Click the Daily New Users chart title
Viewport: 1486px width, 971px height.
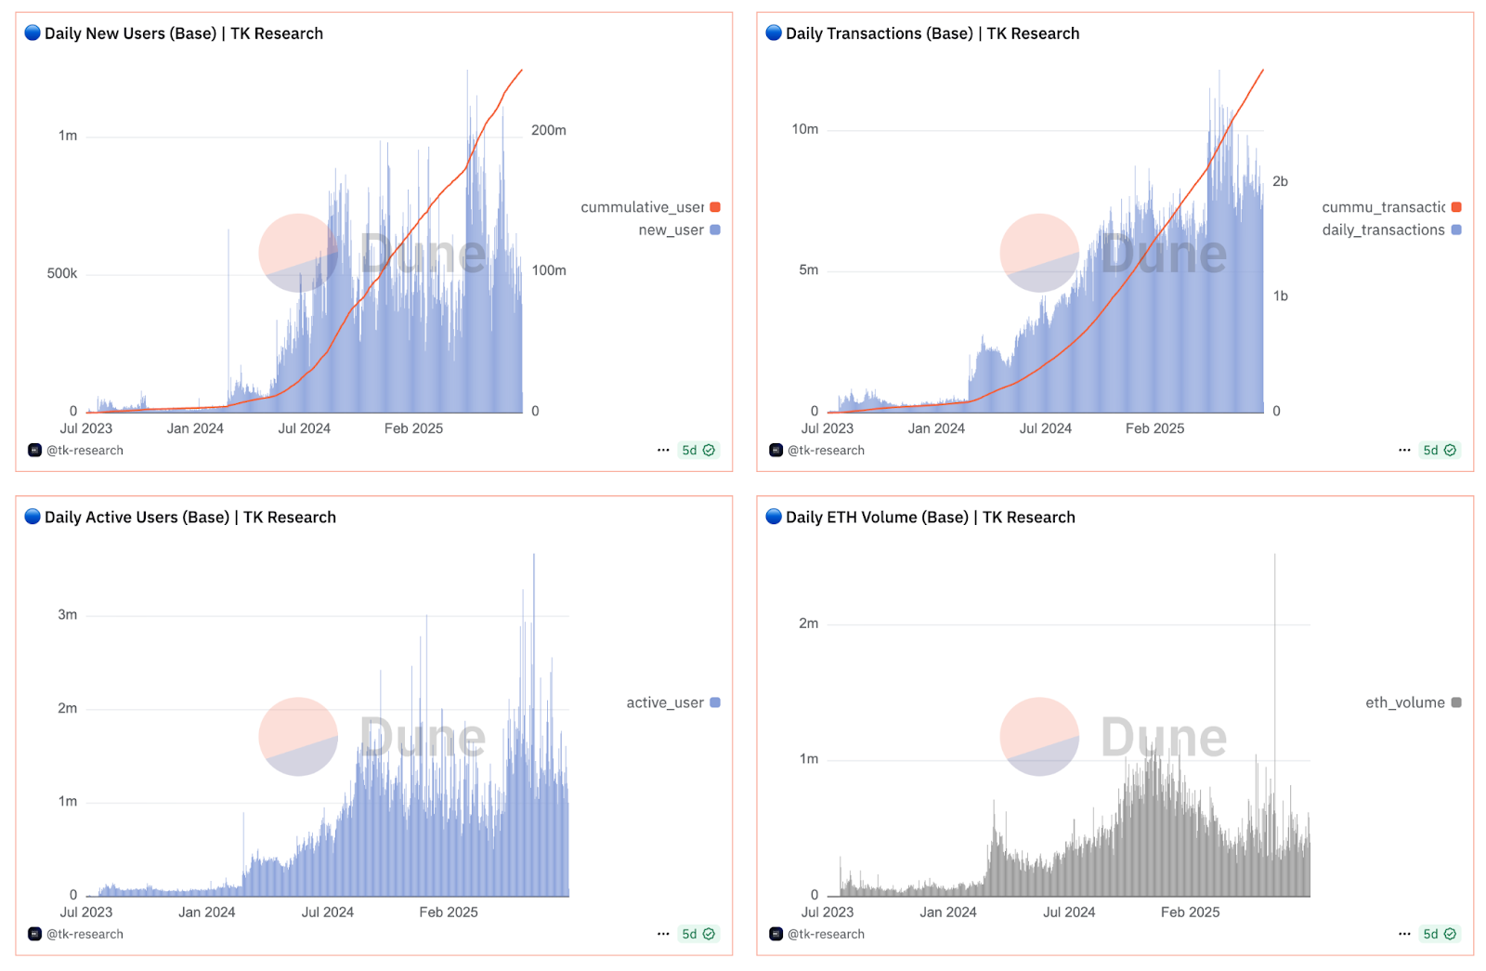pos(183,33)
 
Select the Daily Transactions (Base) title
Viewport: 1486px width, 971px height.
pos(932,33)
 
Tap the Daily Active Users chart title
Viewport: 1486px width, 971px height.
pos(189,518)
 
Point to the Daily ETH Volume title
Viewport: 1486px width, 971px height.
pos(930,518)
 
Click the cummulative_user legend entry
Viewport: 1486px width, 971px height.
pos(643,207)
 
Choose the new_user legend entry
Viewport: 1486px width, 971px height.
pos(671,230)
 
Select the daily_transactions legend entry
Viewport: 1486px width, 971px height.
pos(1383,230)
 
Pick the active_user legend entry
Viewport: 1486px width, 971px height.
pos(665,702)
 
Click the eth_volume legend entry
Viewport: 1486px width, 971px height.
pos(1405,702)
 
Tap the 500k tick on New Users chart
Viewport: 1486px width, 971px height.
pos(62,273)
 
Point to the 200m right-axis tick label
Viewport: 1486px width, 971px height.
pos(548,130)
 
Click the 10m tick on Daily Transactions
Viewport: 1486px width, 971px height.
pos(804,129)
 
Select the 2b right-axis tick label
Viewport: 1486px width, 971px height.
pos(1280,181)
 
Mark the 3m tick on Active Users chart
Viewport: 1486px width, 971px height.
pos(68,614)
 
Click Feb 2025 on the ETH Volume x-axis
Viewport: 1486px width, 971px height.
pos(1190,912)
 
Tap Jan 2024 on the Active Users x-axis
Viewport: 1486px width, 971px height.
pos(206,912)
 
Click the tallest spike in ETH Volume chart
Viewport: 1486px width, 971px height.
pos(1274,558)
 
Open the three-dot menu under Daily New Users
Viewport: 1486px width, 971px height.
pos(663,450)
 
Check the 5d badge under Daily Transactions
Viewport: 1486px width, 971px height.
pos(1439,450)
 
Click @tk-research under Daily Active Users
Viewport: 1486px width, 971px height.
pos(85,934)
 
